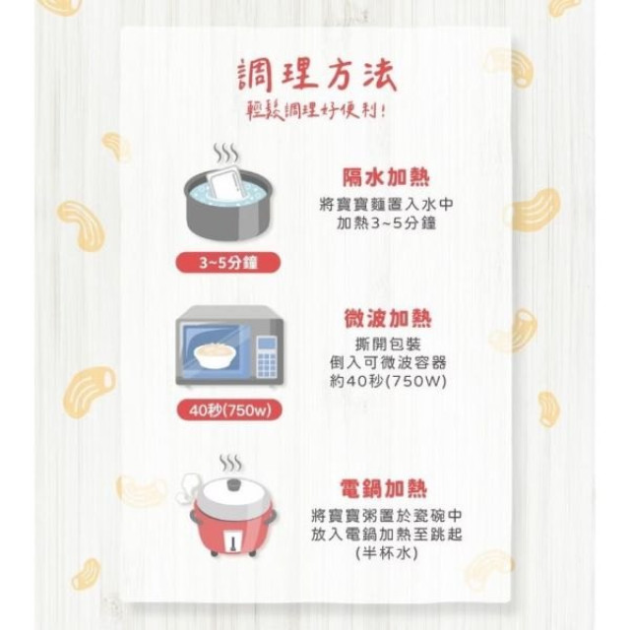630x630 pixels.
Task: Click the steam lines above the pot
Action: pyautogui.click(x=226, y=153)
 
